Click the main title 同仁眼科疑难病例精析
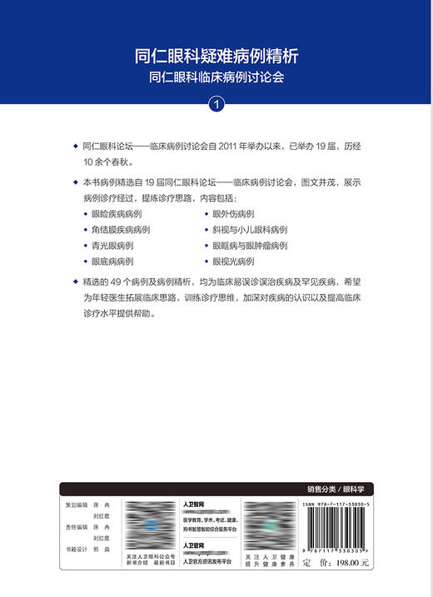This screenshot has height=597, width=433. (216, 57)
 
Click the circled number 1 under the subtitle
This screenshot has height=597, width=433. (216, 105)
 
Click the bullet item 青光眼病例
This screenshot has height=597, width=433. (111, 246)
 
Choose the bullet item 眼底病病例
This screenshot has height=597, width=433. (111, 261)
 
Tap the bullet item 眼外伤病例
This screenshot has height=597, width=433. (234, 214)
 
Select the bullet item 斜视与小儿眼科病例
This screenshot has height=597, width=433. (249, 230)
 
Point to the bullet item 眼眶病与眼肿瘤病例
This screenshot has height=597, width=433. (249, 246)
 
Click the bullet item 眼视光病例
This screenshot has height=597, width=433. (234, 261)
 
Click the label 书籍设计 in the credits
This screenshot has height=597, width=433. (77, 550)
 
